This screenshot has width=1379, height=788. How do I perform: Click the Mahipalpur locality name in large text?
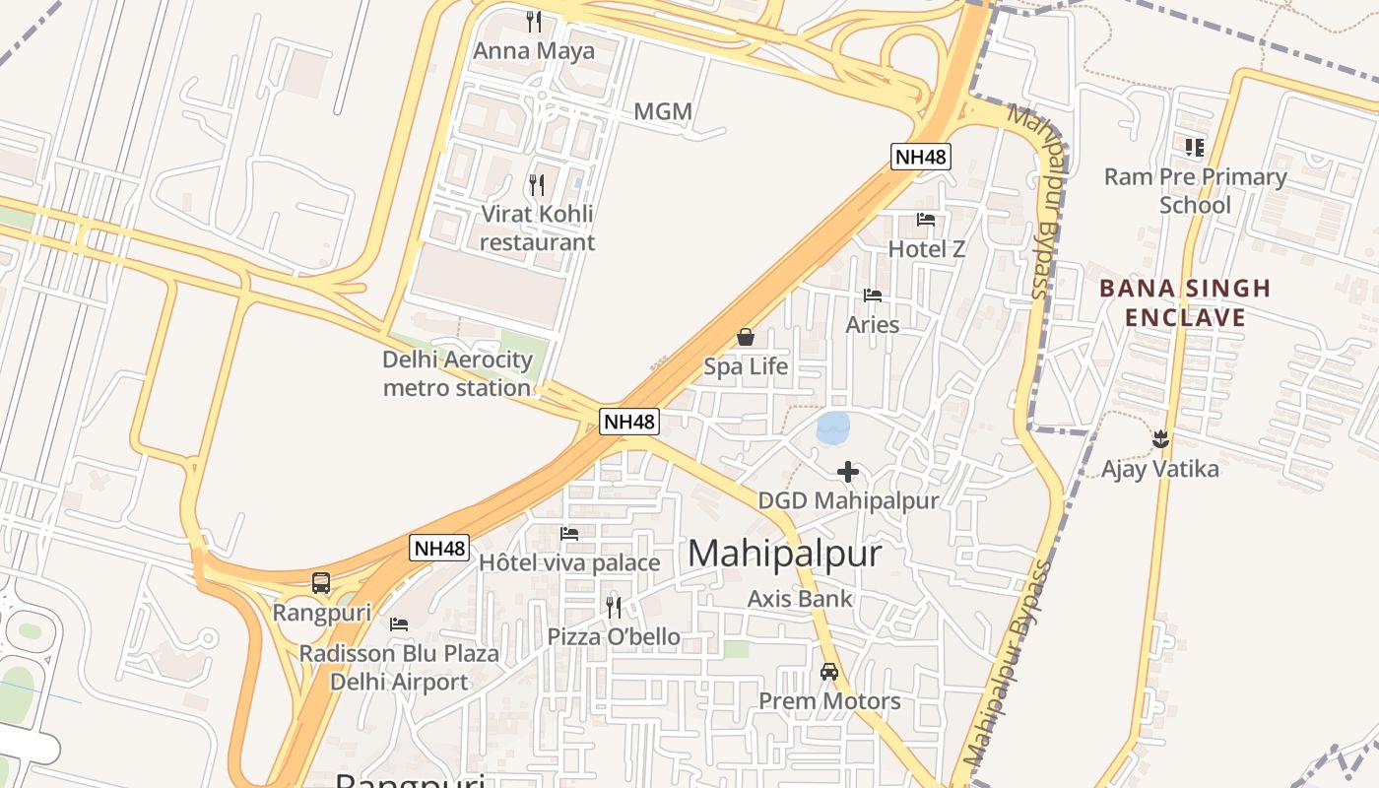784,554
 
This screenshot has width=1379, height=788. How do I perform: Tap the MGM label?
662,111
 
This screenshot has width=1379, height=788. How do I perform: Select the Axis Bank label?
800,598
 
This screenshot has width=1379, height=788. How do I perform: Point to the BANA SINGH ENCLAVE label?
1185,302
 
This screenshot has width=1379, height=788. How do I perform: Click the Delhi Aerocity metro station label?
457,373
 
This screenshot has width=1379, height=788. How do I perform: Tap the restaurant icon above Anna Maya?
534,22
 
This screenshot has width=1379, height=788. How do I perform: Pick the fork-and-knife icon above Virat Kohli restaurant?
537,184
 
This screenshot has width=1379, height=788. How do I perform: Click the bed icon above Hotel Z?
926,220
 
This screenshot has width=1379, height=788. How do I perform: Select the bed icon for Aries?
872,295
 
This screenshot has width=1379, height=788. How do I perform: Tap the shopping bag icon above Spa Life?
746,338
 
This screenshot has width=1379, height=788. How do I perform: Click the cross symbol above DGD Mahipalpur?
847,472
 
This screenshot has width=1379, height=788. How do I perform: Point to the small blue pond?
833,427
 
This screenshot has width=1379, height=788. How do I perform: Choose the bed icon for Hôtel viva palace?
569,534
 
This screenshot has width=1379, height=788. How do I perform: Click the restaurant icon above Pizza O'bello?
614,607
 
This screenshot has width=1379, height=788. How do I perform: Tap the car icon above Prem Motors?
829,672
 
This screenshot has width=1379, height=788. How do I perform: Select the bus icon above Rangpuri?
321,582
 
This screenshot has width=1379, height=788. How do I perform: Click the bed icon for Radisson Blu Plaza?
399,624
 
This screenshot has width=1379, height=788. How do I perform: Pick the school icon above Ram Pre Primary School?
1195,148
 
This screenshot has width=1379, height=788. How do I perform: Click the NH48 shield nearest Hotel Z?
920,156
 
